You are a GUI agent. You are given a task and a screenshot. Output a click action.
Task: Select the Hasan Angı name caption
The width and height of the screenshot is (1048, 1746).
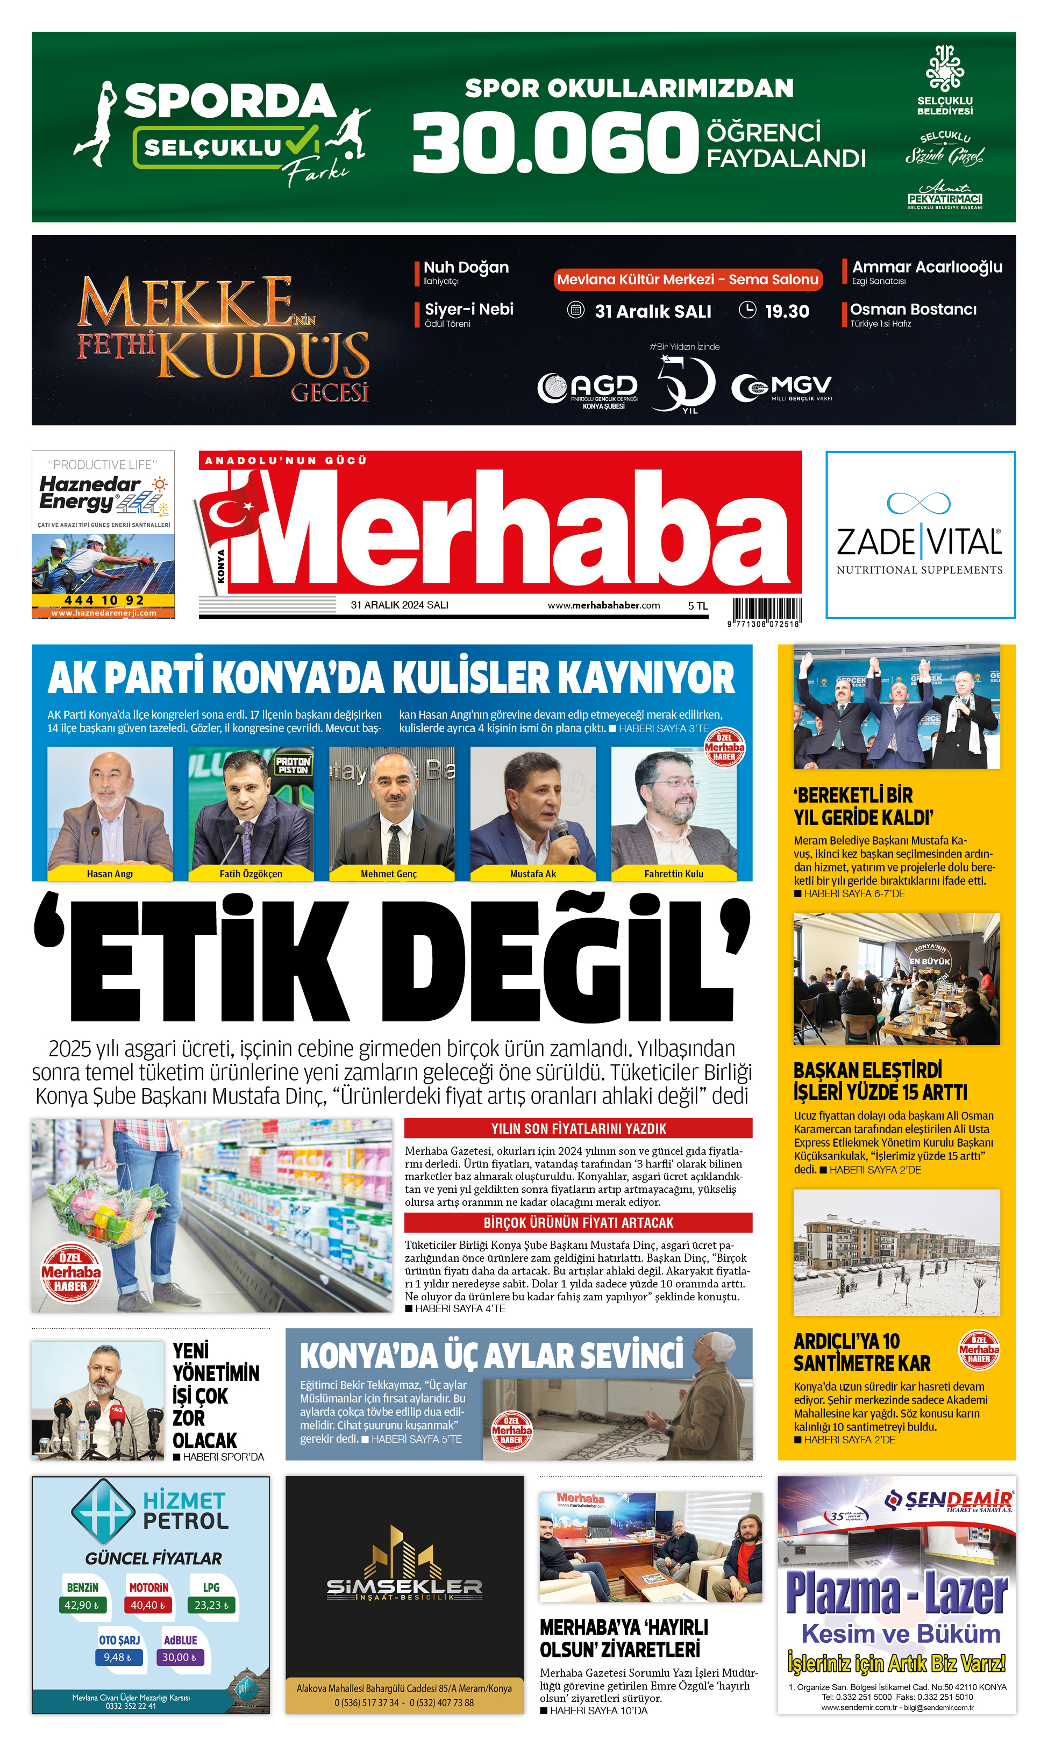tap(110, 874)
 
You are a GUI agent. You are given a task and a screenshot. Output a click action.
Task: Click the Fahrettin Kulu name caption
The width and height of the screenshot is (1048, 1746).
tap(673, 874)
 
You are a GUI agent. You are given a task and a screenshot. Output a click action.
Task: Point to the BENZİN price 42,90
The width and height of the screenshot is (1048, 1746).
tap(81, 1605)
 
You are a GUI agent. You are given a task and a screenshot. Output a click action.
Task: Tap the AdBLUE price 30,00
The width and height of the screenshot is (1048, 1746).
tap(180, 1657)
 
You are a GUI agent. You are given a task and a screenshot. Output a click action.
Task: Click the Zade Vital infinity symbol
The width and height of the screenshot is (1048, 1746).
tap(919, 503)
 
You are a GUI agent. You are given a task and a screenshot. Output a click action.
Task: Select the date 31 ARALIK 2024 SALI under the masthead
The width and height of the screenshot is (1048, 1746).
tap(399, 605)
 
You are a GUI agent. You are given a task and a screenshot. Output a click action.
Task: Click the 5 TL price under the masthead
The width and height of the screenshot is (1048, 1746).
tap(698, 606)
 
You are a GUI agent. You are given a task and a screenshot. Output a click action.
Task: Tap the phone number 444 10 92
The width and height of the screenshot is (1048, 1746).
tap(104, 600)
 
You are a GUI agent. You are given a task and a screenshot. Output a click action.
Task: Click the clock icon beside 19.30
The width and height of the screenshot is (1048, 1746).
tap(747, 310)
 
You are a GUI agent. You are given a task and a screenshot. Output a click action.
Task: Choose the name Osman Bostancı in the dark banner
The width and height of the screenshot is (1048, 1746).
tap(912, 309)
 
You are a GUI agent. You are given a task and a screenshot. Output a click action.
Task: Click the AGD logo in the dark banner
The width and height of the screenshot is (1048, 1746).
tap(588, 388)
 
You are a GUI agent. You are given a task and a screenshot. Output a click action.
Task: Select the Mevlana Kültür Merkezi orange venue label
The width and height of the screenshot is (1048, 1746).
tap(687, 280)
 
